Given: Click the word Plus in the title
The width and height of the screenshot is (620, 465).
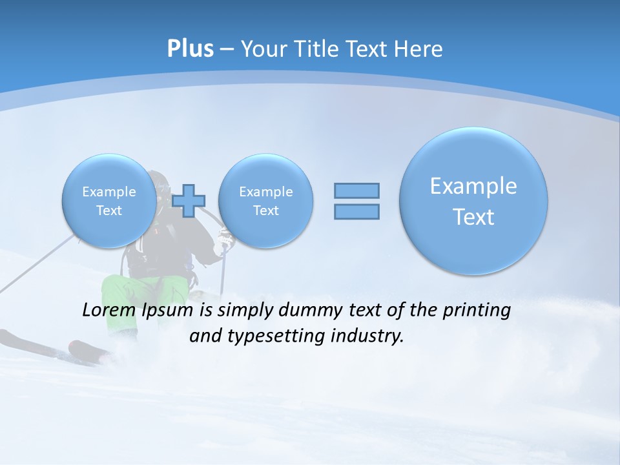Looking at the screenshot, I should tap(190, 49).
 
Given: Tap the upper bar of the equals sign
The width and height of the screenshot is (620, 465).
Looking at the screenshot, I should tap(356, 191).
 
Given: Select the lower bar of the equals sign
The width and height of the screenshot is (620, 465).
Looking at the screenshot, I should tap(356, 211).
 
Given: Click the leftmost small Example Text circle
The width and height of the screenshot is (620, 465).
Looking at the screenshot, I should tap(109, 201).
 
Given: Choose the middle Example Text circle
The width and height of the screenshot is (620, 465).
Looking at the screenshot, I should tap(265, 201).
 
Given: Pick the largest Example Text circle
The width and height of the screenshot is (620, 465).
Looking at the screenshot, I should tap(473, 201).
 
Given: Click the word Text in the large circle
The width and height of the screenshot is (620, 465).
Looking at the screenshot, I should tap(473, 217).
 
